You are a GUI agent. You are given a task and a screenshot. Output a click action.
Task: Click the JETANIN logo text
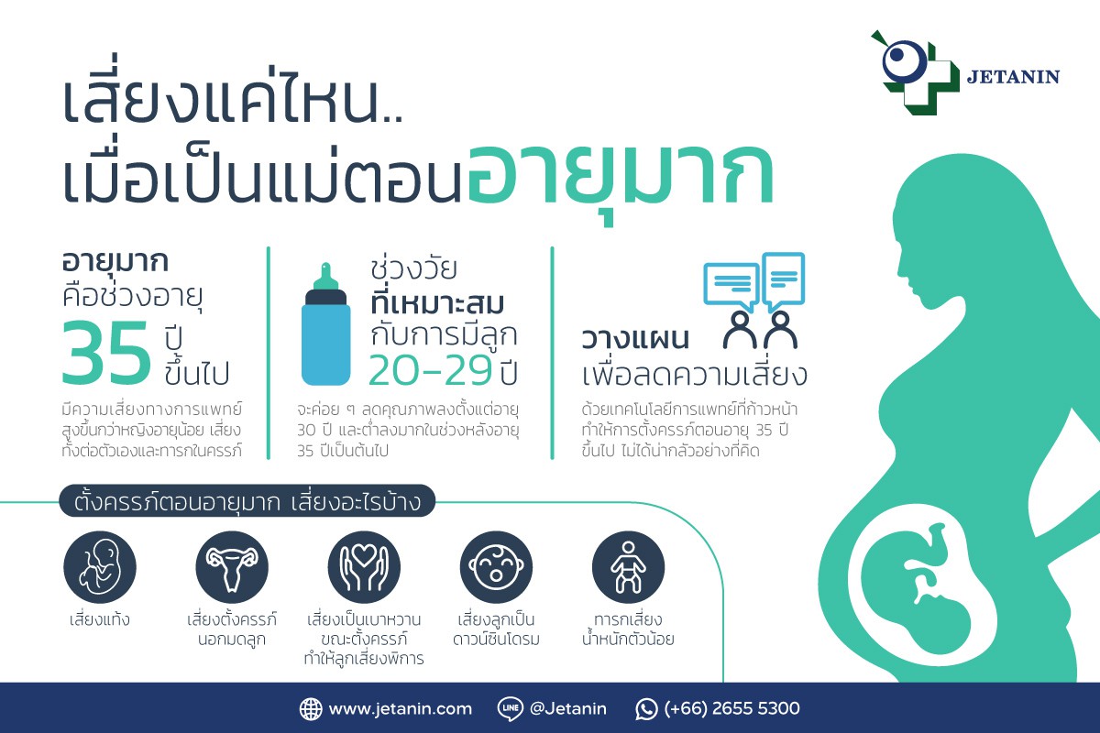pos(1013,77)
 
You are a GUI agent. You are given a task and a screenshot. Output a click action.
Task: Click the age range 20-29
pos(430,369)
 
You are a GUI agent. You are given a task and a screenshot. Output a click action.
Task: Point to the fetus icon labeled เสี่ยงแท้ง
pos(100,567)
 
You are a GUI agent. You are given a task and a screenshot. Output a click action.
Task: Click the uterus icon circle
pos(232,567)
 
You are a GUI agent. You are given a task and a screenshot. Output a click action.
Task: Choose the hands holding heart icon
pos(364,567)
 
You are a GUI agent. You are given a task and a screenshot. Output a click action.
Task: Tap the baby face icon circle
pos(496,567)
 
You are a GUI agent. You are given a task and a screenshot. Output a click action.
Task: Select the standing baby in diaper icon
pos(628,567)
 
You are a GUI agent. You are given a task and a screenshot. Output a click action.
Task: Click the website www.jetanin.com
pos(401,708)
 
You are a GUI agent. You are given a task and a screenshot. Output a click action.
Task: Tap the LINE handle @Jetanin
pos(568,708)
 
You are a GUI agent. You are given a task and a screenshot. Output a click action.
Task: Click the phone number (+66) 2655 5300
pos(731,708)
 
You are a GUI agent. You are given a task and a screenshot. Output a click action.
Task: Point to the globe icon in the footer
pos(311,709)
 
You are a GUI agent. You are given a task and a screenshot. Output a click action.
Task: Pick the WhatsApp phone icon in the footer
pos(646,709)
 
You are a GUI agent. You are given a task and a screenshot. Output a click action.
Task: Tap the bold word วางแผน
pos(635,339)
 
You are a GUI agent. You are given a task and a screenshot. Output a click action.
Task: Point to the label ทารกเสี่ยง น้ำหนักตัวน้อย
pos(628,629)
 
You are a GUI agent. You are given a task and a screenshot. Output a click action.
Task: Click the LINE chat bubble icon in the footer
pos(511,709)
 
